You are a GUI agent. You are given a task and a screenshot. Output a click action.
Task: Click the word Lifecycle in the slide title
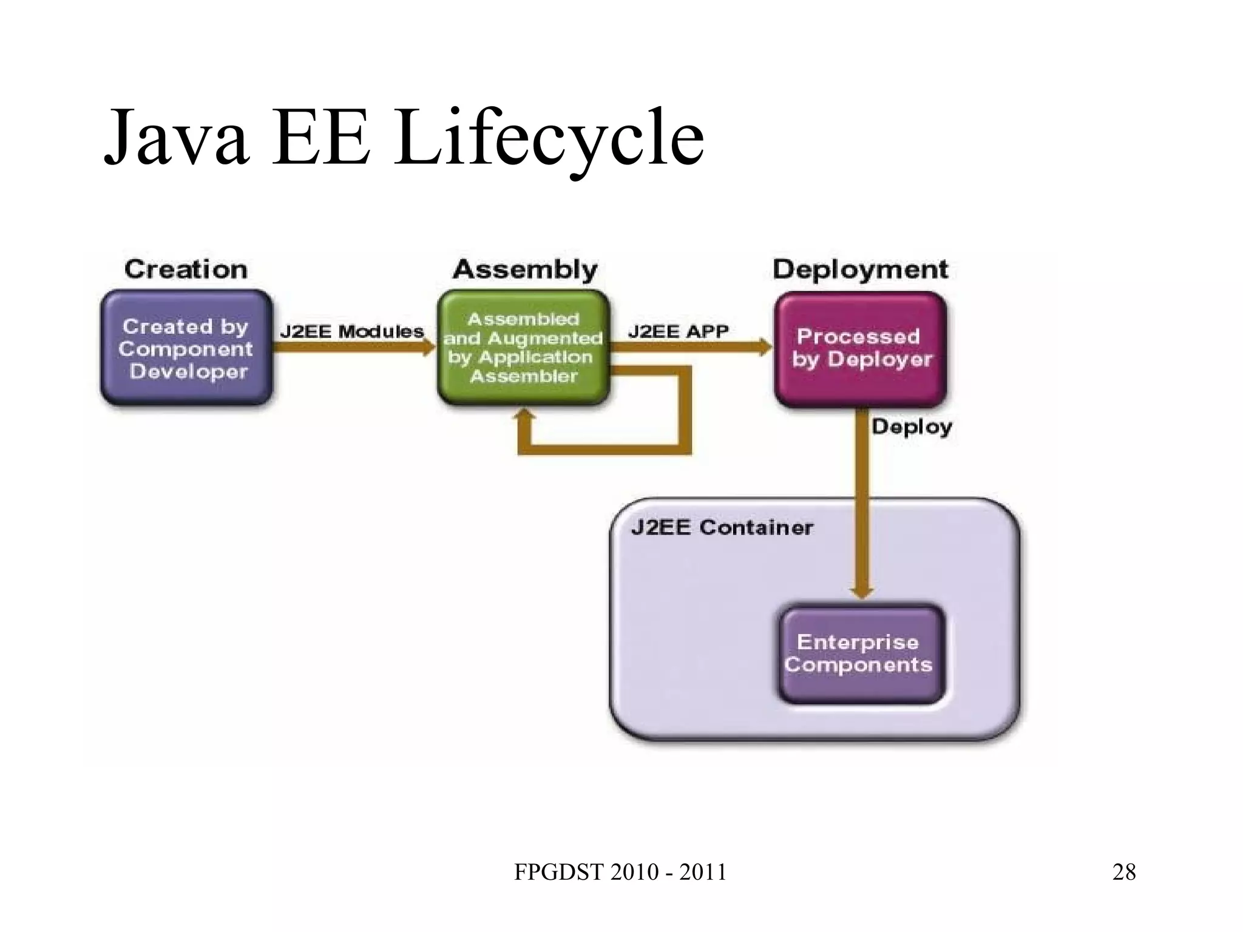549,138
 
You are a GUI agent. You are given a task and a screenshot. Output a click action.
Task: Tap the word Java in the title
176,138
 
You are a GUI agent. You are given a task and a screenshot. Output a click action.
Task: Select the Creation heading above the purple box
186,269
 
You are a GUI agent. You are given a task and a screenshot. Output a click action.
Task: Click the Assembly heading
525,269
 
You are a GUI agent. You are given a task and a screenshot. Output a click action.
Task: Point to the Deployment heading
860,269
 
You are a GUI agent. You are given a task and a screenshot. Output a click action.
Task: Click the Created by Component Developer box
186,348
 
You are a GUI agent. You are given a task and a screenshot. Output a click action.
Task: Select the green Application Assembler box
523,348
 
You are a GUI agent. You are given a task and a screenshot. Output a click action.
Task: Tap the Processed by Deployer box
861,348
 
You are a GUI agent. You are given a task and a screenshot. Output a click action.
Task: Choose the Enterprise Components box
861,653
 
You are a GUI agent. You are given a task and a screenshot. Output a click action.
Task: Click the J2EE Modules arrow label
351,331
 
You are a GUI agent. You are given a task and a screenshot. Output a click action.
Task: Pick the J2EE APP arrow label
678,331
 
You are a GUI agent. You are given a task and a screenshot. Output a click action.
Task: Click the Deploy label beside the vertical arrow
912,427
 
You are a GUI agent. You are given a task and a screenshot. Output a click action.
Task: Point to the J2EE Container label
722,527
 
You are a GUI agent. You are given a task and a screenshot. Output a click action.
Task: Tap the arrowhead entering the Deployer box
765,348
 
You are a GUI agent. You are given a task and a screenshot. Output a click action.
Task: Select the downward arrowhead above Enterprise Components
862,592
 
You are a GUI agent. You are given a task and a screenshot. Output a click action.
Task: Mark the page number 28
1124,872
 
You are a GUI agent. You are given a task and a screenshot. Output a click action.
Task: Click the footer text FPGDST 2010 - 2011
620,872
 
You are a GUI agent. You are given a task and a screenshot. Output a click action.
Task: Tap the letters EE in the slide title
320,138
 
